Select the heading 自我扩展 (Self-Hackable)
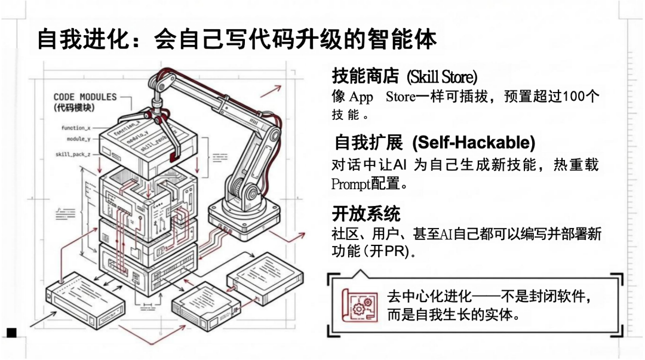(x=434, y=143)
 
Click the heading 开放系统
(x=365, y=213)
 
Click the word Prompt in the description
(x=351, y=184)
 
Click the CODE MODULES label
(x=85, y=97)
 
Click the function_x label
(x=76, y=128)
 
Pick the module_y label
(x=79, y=139)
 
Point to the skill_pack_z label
(x=73, y=155)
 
